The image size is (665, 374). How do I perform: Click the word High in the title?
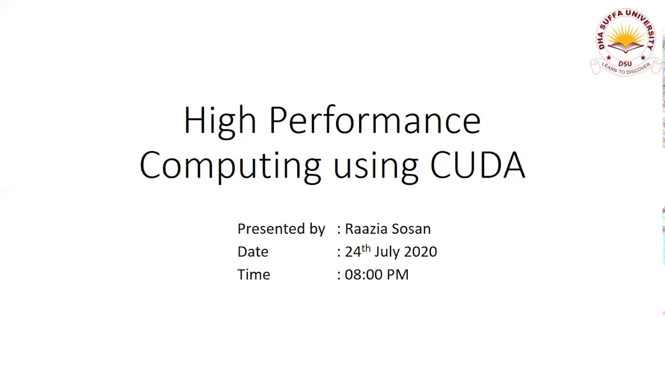pos(219,121)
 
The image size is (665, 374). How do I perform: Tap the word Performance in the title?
pos(375,121)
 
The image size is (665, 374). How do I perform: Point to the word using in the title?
pos(376,166)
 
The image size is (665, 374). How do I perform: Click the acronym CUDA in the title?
pos(477,165)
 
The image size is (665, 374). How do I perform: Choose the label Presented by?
pos(281,229)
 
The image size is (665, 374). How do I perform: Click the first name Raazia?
pos(366,229)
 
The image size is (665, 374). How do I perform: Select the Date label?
pos(252,252)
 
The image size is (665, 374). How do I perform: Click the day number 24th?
pos(357,251)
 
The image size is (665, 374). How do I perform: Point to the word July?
pos(387,252)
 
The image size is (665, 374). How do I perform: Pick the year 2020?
pos(420,252)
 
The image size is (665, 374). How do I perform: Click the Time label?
pos(254,275)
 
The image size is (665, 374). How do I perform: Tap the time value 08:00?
pos(362,275)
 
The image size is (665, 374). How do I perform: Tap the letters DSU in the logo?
pos(625,63)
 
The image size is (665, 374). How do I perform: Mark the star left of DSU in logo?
pos(608,58)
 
